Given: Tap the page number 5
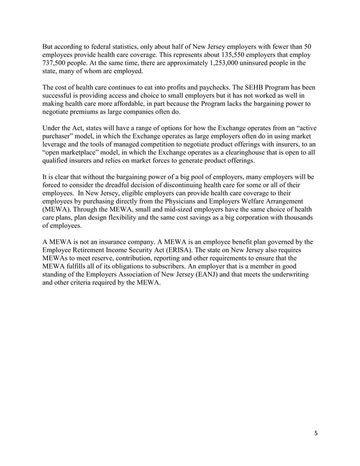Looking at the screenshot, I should pyautogui.click(x=317, y=434).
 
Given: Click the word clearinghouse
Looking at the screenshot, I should pyautogui.click(x=223, y=152).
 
